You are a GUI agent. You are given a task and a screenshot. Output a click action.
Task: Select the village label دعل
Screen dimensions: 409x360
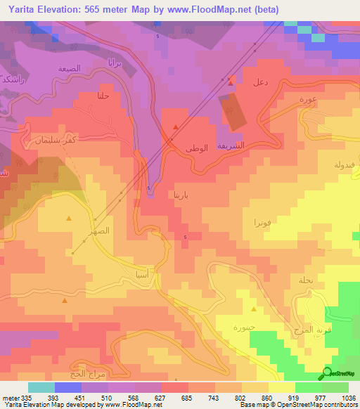coord(259,83)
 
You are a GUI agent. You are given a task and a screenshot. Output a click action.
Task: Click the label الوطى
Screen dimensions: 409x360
coord(196,149)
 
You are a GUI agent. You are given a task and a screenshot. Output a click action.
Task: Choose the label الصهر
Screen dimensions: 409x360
coord(98,230)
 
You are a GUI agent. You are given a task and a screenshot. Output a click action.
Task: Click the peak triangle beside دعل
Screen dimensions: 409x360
coord(231,83)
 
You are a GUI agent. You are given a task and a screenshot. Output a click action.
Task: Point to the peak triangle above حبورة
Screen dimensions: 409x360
coord(254,309)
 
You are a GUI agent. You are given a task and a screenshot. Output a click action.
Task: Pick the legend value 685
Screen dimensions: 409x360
coord(186,398)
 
